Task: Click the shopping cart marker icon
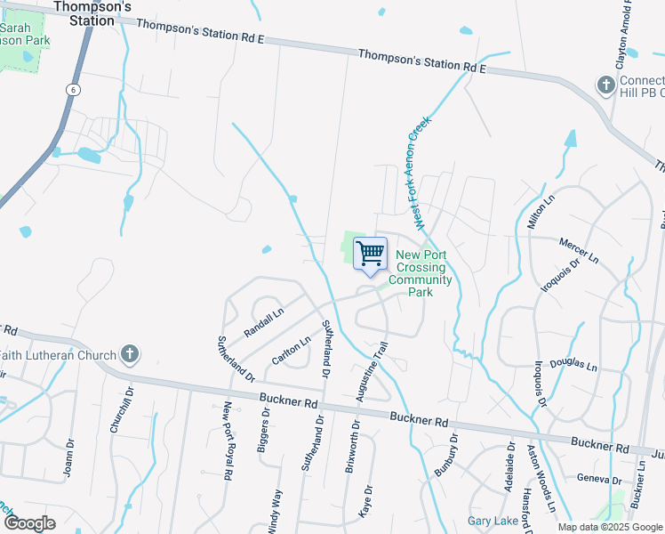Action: pos(370,253)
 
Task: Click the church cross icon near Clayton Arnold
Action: pos(605,86)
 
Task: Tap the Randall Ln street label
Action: pos(263,321)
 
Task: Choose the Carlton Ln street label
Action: pos(292,350)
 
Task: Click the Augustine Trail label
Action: pos(373,372)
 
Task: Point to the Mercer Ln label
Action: pos(578,246)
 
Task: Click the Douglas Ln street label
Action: pos(574,365)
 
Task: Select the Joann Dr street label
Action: pos(68,458)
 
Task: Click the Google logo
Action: pos(30,522)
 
